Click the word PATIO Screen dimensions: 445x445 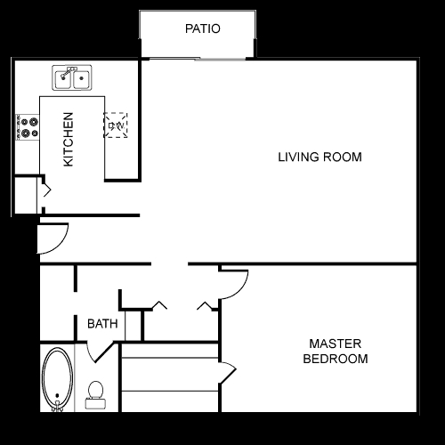tap(202, 28)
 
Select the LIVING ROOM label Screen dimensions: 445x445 tap(320, 158)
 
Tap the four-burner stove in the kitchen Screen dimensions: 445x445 tap(28, 125)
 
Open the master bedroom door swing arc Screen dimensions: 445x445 tap(234, 283)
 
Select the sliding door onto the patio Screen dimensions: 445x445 tap(198, 59)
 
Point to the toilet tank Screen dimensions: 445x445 tap(95, 403)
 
